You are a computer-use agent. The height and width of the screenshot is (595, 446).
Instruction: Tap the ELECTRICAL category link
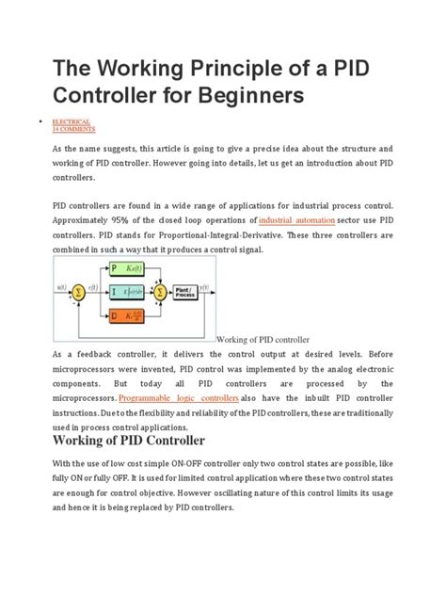pos(72,122)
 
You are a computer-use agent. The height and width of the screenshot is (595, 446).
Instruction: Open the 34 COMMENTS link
pos(73,129)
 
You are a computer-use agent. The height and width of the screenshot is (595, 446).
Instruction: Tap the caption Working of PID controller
pos(263,339)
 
